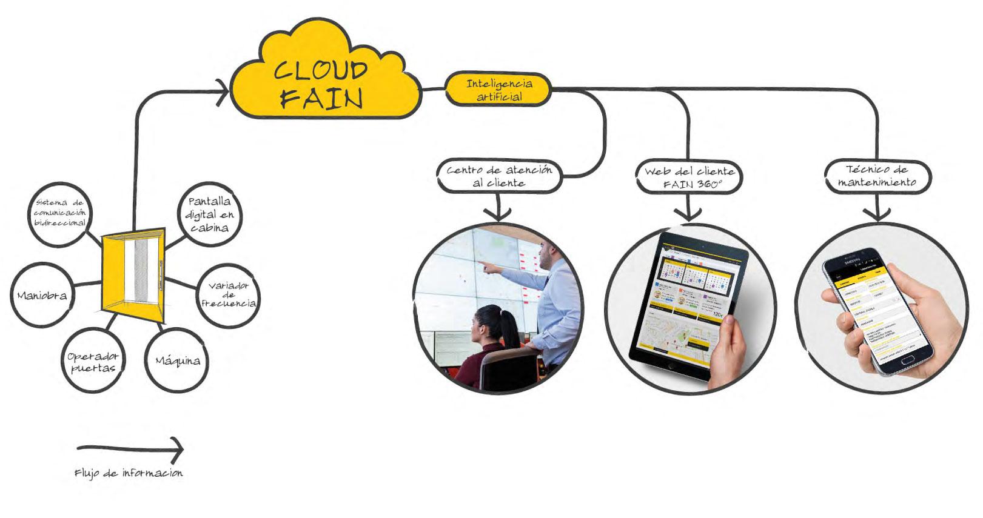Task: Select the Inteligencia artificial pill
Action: tap(498, 90)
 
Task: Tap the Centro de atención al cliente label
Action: tap(499, 176)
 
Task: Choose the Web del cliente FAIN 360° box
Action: tap(689, 178)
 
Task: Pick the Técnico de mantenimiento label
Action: tap(877, 176)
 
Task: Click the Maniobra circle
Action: tap(41, 295)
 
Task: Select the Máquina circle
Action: tap(178, 360)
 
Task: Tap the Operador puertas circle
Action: tap(93, 362)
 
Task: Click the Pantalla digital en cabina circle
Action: tap(209, 214)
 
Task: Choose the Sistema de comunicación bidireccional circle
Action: tap(60, 213)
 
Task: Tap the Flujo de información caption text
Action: tap(128, 473)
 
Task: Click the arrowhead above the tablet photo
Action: tap(689, 214)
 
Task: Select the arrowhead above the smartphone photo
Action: tap(877, 214)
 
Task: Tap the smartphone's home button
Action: tap(908, 360)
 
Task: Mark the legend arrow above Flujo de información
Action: tap(130, 449)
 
